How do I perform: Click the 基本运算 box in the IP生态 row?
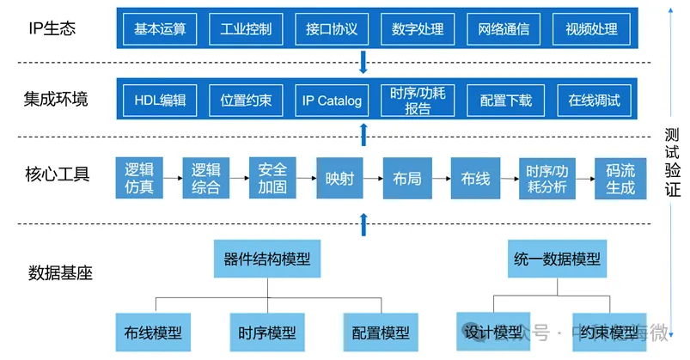(x=160, y=29)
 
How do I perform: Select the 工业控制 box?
(x=246, y=29)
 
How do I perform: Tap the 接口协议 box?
(x=332, y=29)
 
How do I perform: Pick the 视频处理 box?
(x=591, y=29)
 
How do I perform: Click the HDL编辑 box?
(x=160, y=101)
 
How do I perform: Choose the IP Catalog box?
(x=332, y=101)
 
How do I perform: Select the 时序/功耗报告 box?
(x=418, y=101)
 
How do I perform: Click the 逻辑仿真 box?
(x=139, y=178)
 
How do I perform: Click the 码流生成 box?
(x=620, y=178)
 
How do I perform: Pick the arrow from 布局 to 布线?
(x=440, y=179)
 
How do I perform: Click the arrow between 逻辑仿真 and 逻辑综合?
(x=172, y=179)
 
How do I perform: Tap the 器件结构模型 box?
(x=267, y=259)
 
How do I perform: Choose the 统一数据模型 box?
(x=557, y=259)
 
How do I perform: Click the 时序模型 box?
(x=267, y=333)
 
